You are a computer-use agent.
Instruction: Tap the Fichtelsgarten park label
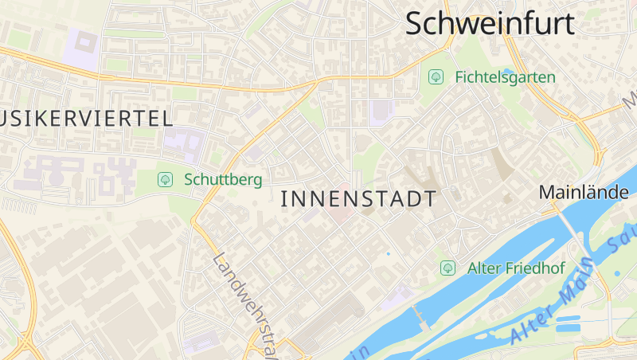pyautogui.click(x=505, y=77)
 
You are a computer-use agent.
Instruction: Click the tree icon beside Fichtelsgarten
pyautogui.click(x=436, y=77)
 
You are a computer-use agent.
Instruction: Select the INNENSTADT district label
pyautogui.click(x=359, y=199)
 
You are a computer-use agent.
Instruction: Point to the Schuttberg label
pyautogui.click(x=222, y=179)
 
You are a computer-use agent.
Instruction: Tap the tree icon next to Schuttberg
pyautogui.click(x=165, y=179)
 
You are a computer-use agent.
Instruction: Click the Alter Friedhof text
pyautogui.click(x=515, y=268)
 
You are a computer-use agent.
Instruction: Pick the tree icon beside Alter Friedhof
pyautogui.click(x=447, y=268)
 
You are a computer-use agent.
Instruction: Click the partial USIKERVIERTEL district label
pyautogui.click(x=86, y=119)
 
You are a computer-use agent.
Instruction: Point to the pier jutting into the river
pyautogui.click(x=420, y=317)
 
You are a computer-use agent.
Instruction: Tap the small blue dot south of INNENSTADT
pyautogui.click(x=389, y=254)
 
